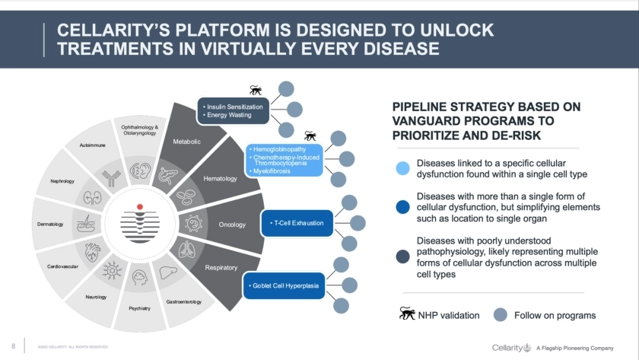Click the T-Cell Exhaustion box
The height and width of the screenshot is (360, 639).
(x=297, y=223)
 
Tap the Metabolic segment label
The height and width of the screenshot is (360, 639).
(x=186, y=142)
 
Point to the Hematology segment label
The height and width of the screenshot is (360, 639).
(x=221, y=179)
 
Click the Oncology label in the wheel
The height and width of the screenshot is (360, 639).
(x=232, y=225)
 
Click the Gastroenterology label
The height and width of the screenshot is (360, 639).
(x=183, y=302)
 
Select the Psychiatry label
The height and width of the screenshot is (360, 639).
(x=140, y=308)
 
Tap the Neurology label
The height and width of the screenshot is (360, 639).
(x=96, y=297)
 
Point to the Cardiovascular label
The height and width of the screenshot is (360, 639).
(x=62, y=266)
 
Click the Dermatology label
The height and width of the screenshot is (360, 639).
(x=50, y=225)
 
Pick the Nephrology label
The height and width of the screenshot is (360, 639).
(x=62, y=181)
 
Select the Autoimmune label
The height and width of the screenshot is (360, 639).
(x=93, y=145)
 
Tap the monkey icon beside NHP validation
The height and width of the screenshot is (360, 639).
(x=408, y=314)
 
